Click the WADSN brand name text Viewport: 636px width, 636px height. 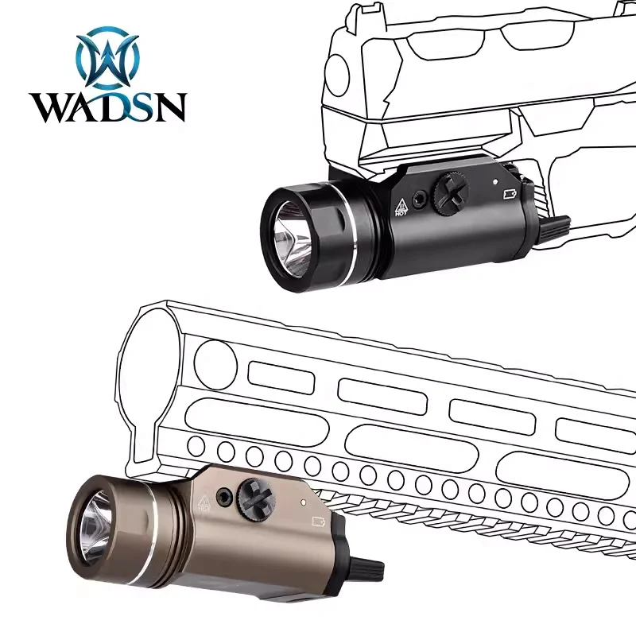[x=107, y=106]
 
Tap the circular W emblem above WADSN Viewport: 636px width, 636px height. [x=107, y=58]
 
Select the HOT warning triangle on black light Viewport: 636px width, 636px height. [x=401, y=206]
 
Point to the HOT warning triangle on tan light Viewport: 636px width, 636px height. [x=202, y=502]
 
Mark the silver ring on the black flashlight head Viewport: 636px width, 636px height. [x=347, y=231]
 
